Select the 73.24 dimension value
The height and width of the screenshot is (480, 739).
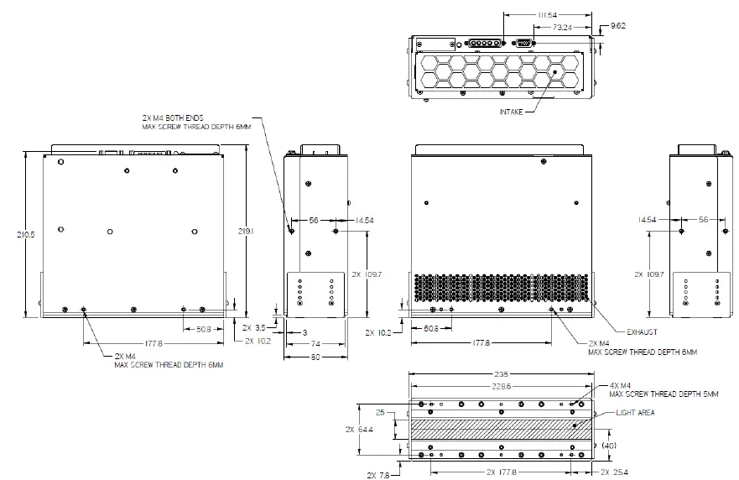click(562, 27)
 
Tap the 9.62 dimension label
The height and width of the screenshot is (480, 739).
click(619, 25)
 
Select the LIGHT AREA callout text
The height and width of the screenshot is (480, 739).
click(635, 413)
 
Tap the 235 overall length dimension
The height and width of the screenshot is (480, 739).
click(502, 374)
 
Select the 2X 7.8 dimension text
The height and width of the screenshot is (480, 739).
click(377, 475)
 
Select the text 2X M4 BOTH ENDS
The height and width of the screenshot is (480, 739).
click(180, 117)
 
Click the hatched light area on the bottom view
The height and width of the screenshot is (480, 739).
click(502, 428)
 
